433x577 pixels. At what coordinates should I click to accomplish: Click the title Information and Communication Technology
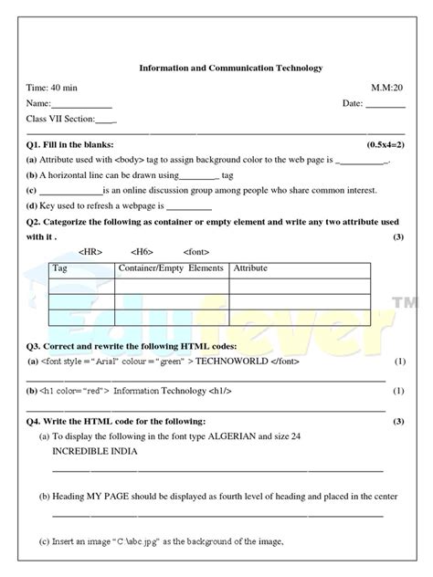(230, 68)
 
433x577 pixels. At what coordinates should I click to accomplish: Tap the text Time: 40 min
(54, 89)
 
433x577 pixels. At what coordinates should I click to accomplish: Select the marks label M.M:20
(386, 89)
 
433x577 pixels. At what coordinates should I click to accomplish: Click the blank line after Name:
(88, 106)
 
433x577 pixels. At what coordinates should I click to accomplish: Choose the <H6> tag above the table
(142, 251)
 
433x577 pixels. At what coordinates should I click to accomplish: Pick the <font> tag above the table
(196, 251)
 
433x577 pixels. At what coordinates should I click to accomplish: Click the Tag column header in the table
(60, 268)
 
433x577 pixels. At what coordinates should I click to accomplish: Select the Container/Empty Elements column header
(171, 268)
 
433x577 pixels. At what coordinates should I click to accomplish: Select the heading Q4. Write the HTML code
(116, 421)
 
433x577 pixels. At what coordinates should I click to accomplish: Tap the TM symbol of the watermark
(403, 301)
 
